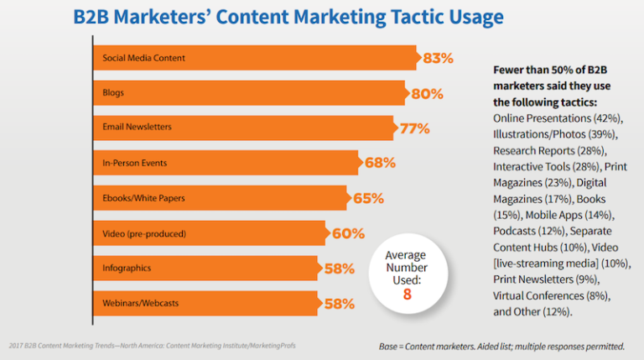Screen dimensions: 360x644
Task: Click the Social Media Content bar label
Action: pyautogui.click(x=143, y=58)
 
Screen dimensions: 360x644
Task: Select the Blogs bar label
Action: pyautogui.click(x=113, y=93)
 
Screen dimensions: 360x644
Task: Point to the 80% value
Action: pyautogui.click(x=426, y=93)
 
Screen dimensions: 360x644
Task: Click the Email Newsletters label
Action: pyautogui.click(x=137, y=128)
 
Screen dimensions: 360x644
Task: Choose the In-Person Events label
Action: pyautogui.click(x=132, y=163)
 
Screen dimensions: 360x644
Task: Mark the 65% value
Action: pyautogui.click(x=367, y=198)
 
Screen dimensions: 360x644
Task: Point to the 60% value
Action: pyautogui.click(x=348, y=233)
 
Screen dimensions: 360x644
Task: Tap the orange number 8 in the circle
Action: pyautogui.click(x=405, y=295)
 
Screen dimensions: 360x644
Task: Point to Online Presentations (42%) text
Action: pyautogui.click(x=558, y=117)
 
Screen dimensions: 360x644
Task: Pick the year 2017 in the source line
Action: pyautogui.click(x=15, y=346)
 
